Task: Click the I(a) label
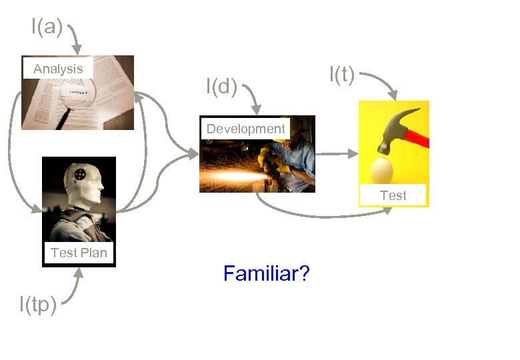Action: (x=47, y=27)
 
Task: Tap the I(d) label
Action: (x=221, y=87)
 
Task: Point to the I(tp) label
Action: (x=38, y=305)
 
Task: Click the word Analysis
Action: (x=58, y=69)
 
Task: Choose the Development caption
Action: (x=245, y=129)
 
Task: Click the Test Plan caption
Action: (x=79, y=253)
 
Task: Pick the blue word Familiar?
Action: (x=266, y=273)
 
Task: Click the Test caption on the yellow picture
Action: (x=393, y=195)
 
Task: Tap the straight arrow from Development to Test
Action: (x=337, y=153)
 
